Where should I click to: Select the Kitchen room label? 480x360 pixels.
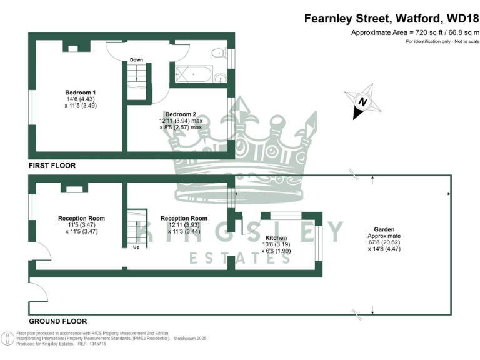click(x=276, y=238)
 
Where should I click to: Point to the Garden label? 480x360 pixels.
click(x=384, y=229)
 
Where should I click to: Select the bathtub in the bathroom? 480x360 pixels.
click(x=192, y=74)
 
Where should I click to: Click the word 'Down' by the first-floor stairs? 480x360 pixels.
click(x=136, y=60)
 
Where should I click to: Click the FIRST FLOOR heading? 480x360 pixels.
click(x=52, y=166)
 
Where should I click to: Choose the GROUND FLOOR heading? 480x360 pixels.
click(x=57, y=321)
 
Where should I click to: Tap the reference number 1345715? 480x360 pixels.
click(x=94, y=344)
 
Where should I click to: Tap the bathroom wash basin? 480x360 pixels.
click(x=219, y=78)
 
